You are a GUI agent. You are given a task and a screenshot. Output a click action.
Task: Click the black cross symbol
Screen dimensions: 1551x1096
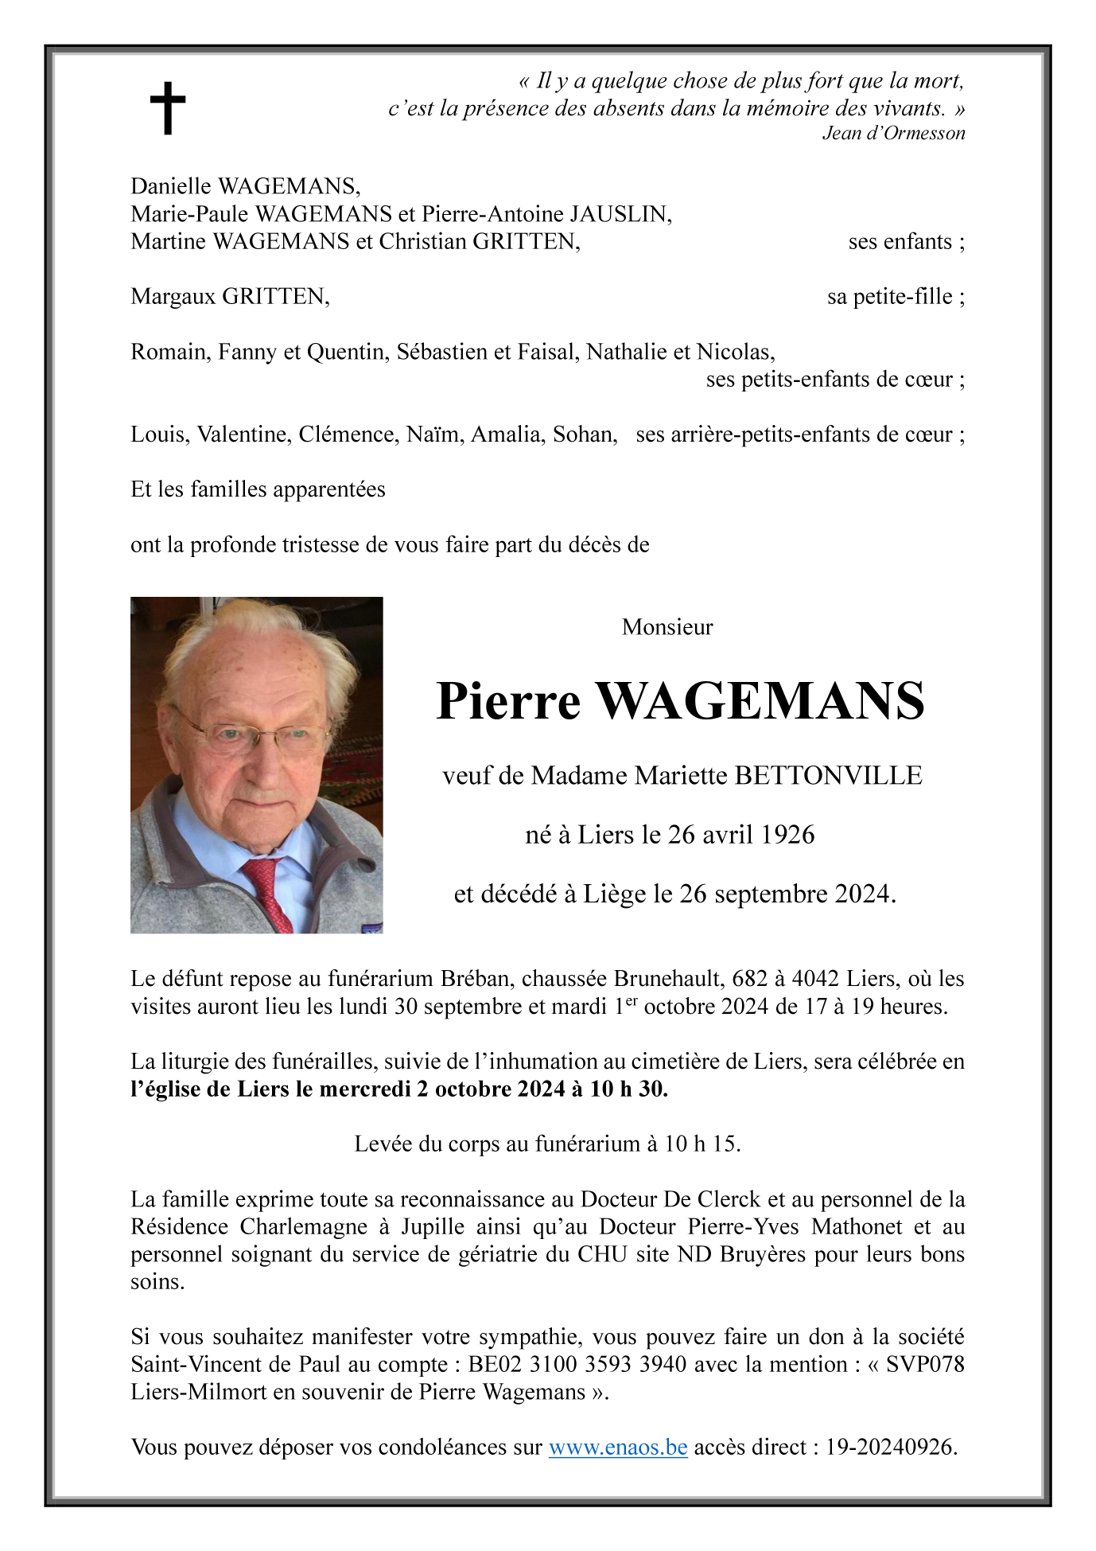point(168,107)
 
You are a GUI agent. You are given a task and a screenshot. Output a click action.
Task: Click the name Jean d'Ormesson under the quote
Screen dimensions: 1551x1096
point(893,134)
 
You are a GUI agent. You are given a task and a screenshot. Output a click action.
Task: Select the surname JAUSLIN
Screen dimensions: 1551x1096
point(620,214)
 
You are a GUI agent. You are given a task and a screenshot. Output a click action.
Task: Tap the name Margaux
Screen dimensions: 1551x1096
point(173,297)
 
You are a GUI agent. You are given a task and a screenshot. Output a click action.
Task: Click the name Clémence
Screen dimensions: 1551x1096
point(348,435)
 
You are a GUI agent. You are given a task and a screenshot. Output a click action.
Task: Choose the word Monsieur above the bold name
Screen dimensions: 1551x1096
point(667,627)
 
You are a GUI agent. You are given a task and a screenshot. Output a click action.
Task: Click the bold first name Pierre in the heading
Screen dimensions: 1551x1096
point(508,701)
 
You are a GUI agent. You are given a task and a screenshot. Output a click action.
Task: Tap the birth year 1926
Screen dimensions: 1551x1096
point(787,835)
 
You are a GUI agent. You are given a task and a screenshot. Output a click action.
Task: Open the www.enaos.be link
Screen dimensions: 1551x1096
point(618,1447)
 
